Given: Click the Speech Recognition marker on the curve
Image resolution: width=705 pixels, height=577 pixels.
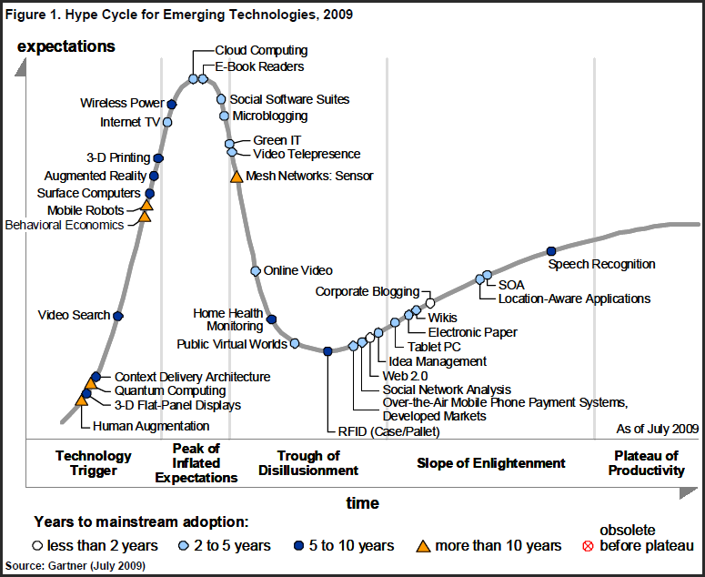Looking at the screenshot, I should tap(550, 251).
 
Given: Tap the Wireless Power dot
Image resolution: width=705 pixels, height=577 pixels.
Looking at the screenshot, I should tap(172, 105).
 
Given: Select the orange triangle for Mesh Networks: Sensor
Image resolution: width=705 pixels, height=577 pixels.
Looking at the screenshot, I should tap(237, 176).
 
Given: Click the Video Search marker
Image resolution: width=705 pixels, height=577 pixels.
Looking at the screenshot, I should tap(118, 316).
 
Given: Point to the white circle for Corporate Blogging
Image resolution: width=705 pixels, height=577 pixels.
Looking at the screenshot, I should tap(430, 302).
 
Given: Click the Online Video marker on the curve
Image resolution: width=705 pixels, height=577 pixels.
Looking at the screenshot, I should tap(257, 270).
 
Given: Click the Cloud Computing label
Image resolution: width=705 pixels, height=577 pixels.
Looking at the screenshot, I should tap(261, 51).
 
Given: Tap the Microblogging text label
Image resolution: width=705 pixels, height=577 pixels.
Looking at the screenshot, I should tap(270, 116).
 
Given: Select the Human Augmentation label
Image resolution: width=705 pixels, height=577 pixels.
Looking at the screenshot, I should tap(152, 425).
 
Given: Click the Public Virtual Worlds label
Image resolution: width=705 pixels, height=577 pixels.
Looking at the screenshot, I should tap(232, 344).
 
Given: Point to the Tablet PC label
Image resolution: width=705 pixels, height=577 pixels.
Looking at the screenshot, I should tap(434, 347).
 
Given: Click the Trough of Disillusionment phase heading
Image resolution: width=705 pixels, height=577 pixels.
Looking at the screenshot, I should tap(308, 463).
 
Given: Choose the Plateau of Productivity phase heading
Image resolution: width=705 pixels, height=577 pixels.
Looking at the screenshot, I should tap(646, 463).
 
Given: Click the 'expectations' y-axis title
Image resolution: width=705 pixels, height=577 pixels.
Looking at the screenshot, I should tap(66, 46).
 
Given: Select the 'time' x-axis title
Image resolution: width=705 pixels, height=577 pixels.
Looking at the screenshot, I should tap(362, 503).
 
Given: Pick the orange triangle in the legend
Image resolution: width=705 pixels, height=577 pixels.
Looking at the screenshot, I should tap(423, 546).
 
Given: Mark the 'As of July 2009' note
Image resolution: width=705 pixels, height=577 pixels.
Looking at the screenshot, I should tap(657, 428).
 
